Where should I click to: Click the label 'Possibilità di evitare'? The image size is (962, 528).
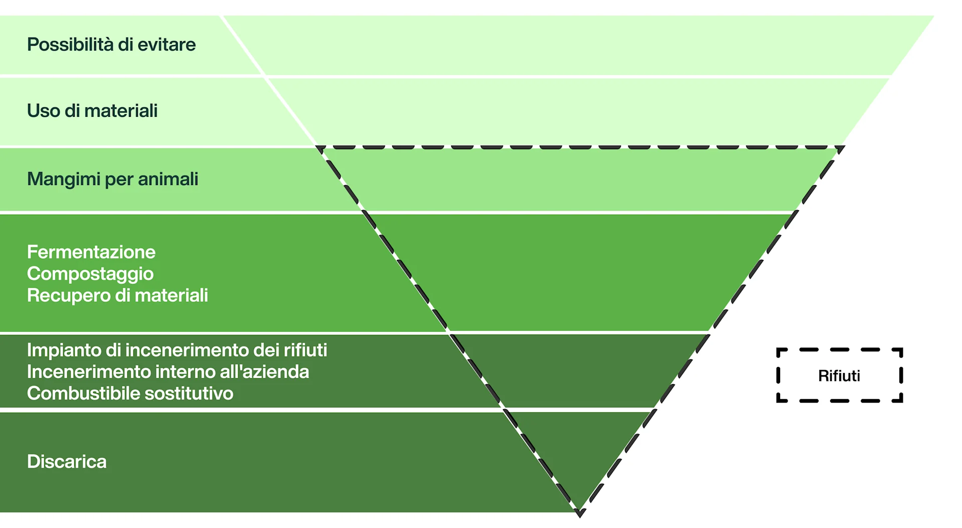click(111, 45)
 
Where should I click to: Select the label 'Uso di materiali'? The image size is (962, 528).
click(92, 111)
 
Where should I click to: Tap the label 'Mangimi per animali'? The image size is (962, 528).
click(113, 179)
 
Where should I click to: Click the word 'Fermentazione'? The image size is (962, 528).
click(91, 252)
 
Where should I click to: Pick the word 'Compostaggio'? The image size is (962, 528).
click(90, 274)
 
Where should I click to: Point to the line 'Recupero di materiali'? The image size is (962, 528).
click(117, 295)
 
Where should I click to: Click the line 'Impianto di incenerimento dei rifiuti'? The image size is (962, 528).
click(177, 350)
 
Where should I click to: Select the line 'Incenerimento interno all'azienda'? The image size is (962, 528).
click(168, 372)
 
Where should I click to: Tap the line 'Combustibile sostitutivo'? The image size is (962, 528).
click(130, 394)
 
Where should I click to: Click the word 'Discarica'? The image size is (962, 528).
click(67, 461)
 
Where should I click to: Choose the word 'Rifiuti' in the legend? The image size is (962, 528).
click(839, 376)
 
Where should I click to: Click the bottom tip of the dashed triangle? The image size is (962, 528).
click(580, 513)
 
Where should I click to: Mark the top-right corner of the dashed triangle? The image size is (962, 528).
click(844, 147)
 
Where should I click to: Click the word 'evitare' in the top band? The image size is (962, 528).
click(166, 45)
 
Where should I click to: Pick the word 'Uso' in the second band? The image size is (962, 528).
click(44, 111)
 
